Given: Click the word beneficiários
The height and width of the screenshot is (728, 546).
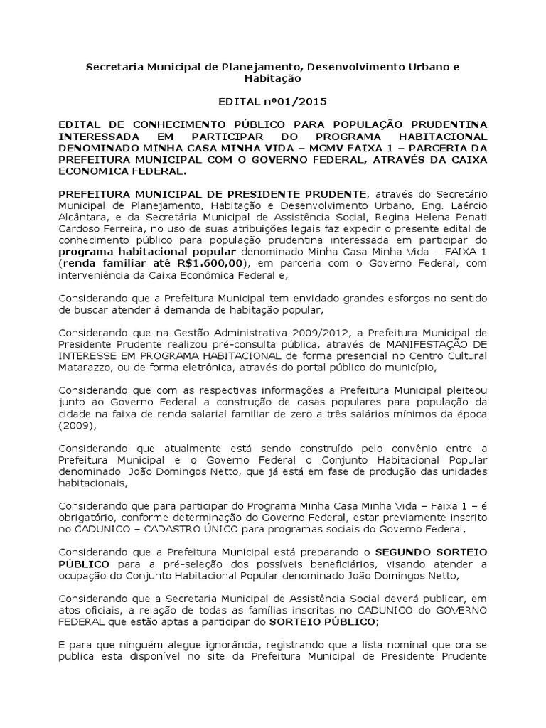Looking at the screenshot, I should pyautogui.click(x=338, y=564).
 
